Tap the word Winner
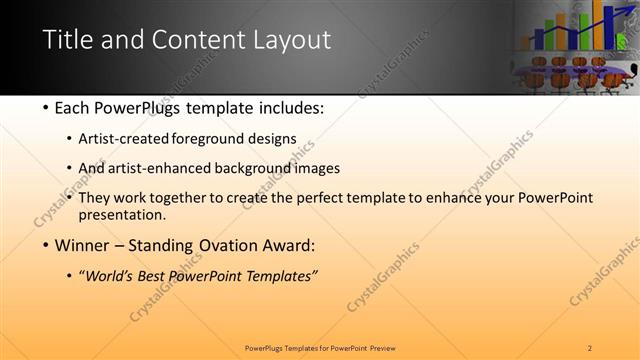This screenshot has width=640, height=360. [x=84, y=246]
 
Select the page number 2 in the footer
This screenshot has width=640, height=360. [x=590, y=347]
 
